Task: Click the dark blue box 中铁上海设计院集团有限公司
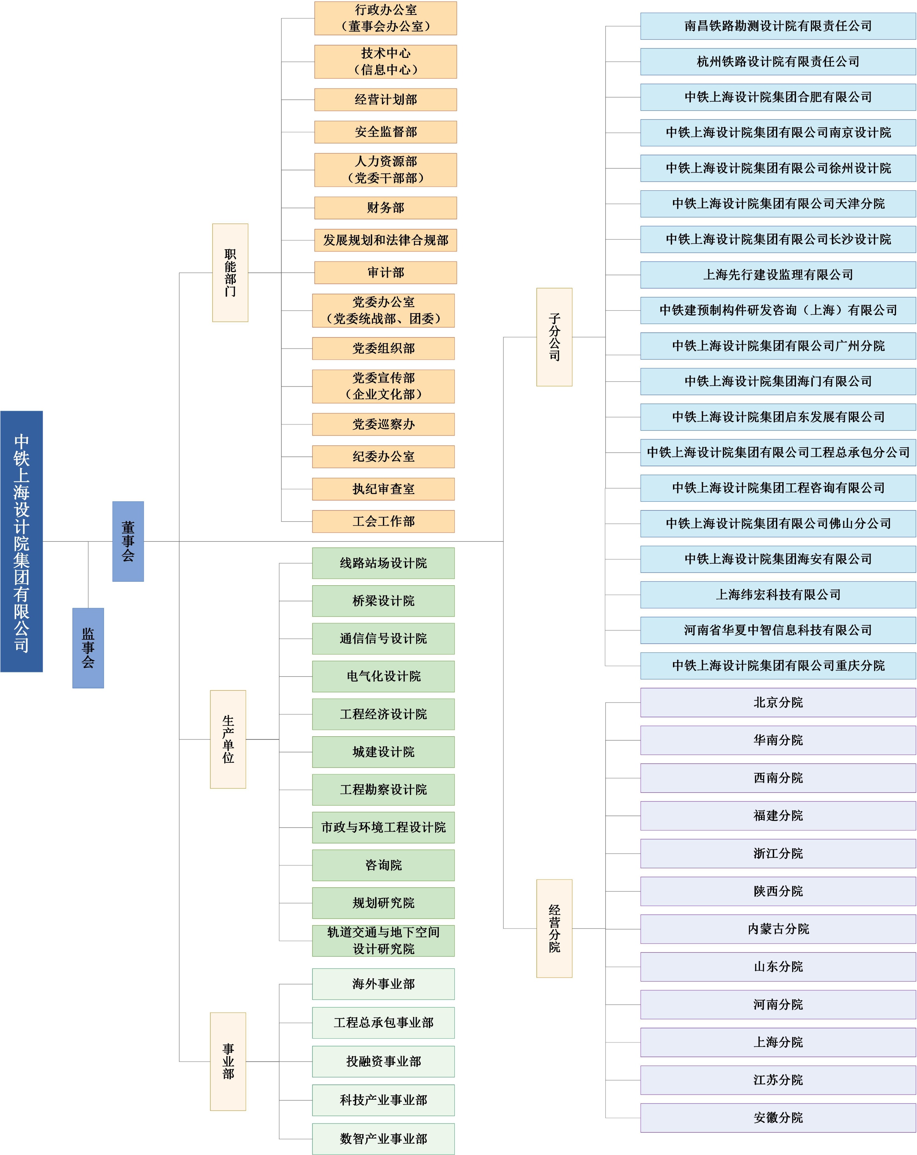[21, 541]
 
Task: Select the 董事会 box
[128, 541]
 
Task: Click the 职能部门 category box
[230, 273]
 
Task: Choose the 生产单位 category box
[228, 739]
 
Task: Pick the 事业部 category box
[228, 1061]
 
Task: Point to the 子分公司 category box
[554, 337]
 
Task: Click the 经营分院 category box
[554, 928]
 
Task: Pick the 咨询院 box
[383, 865]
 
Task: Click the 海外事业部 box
[383, 984]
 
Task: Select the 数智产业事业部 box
[383, 1139]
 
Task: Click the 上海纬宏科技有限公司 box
[778, 595]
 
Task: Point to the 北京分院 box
[778, 702]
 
